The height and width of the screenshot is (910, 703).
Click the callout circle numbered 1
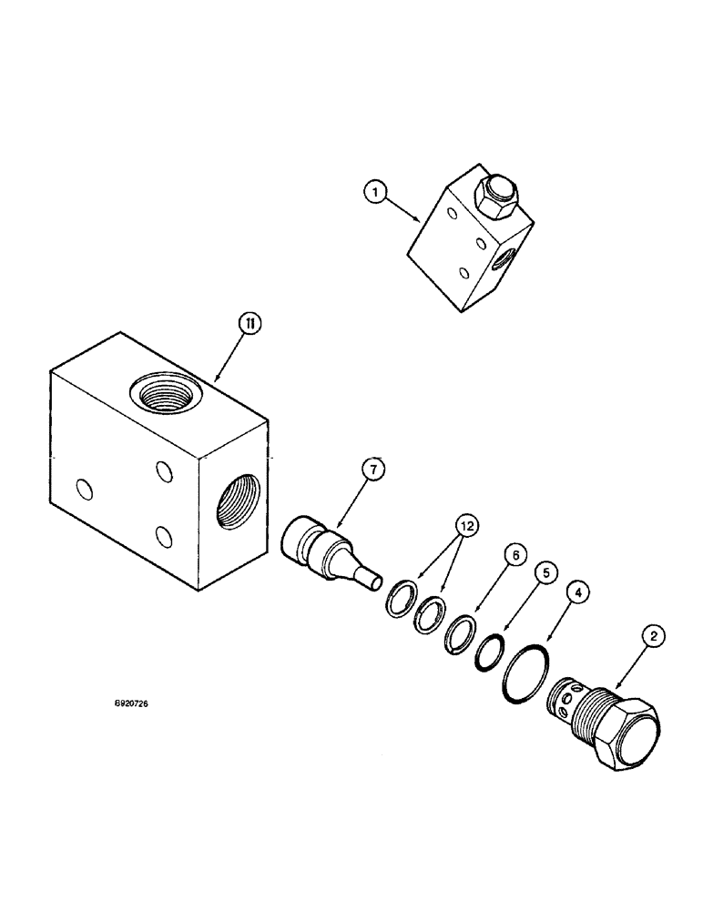[x=374, y=191]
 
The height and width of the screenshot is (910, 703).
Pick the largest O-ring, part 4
[x=522, y=675]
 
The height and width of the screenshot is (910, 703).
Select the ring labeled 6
[x=459, y=633]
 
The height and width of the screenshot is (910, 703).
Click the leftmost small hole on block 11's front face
[x=83, y=490]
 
